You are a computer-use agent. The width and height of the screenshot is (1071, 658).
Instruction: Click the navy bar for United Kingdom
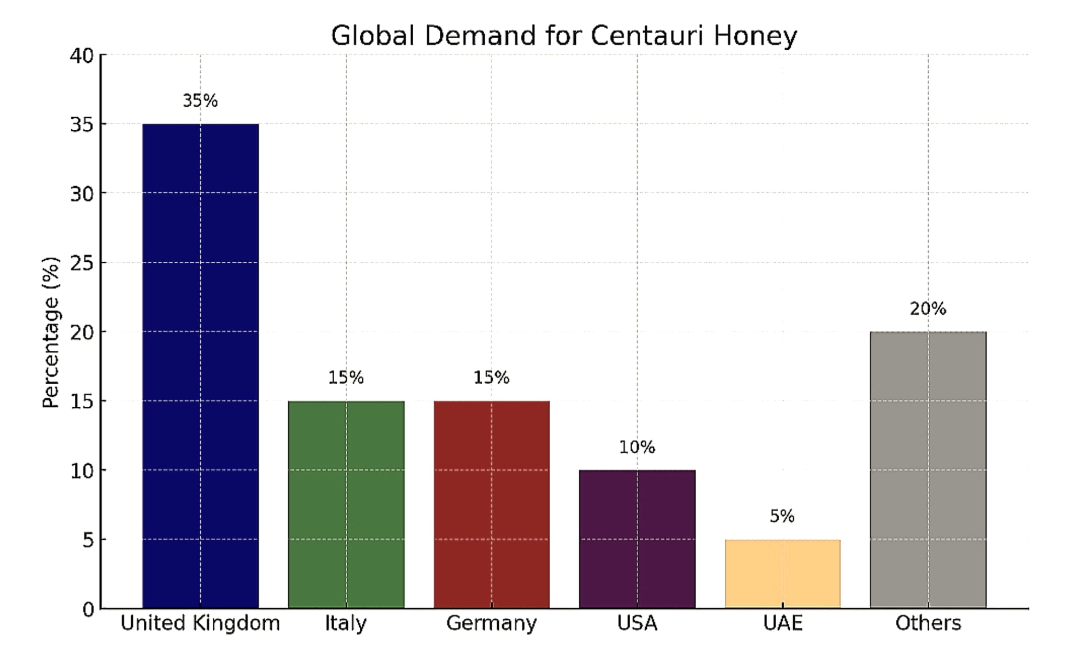pos(200,366)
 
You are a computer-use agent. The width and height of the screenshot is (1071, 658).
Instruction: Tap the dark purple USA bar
pos(637,539)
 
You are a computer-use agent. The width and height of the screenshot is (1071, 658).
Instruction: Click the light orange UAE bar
pos(782,574)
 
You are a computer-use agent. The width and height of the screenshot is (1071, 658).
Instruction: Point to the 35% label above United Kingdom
pos(200,101)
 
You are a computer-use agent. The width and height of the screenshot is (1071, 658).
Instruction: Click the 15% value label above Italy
pos(346,377)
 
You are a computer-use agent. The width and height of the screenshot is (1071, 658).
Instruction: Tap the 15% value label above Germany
pos(491,377)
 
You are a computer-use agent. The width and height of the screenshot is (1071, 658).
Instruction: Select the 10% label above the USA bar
pos(637,447)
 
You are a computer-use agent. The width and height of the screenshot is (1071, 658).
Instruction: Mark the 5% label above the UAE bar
pos(782,516)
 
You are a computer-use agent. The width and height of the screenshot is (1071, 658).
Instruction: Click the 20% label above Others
pos(928,309)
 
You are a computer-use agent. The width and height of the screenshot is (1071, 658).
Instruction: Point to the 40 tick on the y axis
pos(82,55)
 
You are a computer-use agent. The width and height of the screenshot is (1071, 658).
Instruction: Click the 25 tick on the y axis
pos(82,263)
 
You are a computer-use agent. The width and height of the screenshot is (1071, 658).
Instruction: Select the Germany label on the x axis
pos(491,623)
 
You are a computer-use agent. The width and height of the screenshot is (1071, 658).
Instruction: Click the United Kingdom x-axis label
pos(200,623)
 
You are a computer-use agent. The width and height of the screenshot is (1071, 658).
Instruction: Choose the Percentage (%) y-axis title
pos(51,332)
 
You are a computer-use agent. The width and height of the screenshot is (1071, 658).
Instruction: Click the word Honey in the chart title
pos(755,36)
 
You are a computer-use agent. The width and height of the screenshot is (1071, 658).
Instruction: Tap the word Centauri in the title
pos(647,36)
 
